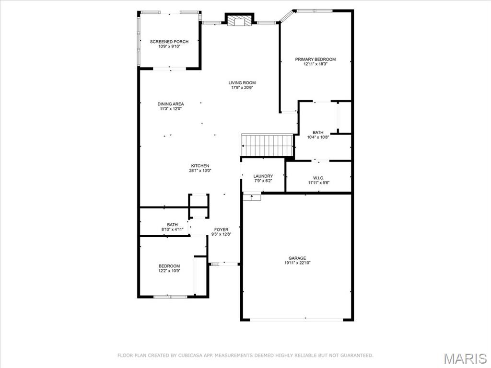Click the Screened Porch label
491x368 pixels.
[169, 42]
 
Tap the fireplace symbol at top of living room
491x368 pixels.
[238, 21]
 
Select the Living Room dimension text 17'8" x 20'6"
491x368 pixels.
[242, 88]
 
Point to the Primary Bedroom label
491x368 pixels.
[315, 59]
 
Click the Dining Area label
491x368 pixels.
[171, 104]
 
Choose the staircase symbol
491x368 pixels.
[267, 145]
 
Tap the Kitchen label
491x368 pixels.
[200, 166]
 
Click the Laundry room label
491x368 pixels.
[263, 176]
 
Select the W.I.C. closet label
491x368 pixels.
[318, 178]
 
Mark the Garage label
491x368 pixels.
[297, 258]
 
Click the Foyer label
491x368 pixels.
[221, 230]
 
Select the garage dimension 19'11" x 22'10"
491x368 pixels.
[297, 263]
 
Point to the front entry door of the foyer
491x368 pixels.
[224, 264]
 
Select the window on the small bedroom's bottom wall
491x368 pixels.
[170, 297]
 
